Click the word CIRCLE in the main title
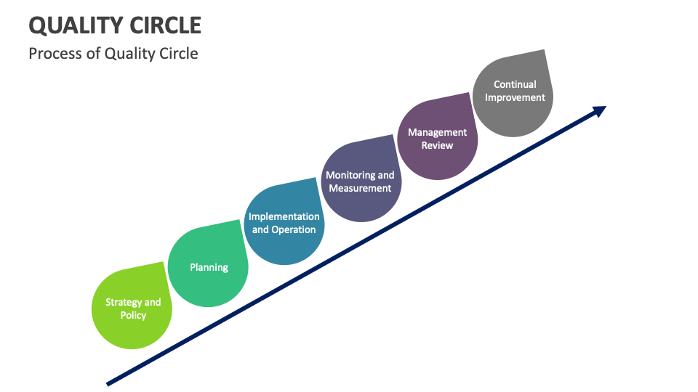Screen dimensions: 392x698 [166, 25]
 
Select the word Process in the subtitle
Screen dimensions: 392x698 [54, 54]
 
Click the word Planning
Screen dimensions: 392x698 [209, 267]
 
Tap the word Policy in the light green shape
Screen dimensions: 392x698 [133, 315]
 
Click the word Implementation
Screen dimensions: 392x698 [284, 216]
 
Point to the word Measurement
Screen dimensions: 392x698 [360, 188]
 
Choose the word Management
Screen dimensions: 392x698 [437, 132]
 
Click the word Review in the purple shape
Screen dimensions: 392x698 [437, 145]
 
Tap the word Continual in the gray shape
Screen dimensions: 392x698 [515, 84]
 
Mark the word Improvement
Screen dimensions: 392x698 [515, 97]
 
